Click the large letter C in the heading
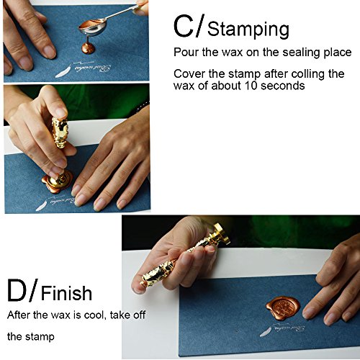[x=184, y=26]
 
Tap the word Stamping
[x=248, y=30]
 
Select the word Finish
[x=66, y=293]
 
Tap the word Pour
[x=186, y=52]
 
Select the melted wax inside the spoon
[x=93, y=23]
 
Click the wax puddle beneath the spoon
[x=89, y=48]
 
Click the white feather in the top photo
[x=63, y=71]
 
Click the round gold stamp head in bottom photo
[x=220, y=233]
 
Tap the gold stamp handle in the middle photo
[x=60, y=134]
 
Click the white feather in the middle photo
[x=42, y=206]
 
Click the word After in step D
[x=19, y=315]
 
